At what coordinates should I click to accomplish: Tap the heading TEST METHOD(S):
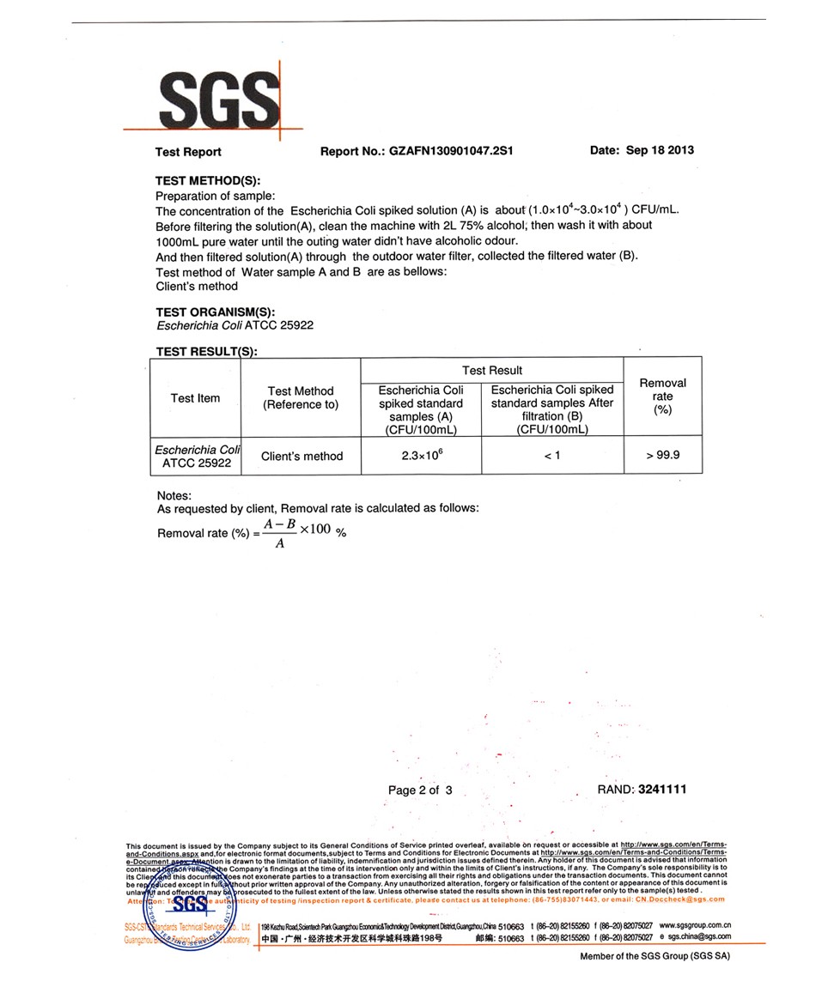pyautogui.click(x=207, y=182)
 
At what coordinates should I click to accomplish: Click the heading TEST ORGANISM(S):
pyautogui.click(x=216, y=312)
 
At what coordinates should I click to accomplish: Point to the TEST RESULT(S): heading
pyautogui.click(x=206, y=352)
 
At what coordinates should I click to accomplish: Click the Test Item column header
pyautogui.click(x=195, y=398)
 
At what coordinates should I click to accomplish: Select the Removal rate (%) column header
pyautogui.click(x=662, y=397)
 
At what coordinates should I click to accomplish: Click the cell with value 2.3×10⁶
pyautogui.click(x=421, y=455)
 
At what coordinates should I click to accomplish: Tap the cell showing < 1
pyautogui.click(x=552, y=456)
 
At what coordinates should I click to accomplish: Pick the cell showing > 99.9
pyautogui.click(x=662, y=455)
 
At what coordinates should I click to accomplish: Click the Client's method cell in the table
pyautogui.click(x=301, y=457)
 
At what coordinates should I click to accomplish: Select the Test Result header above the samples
pyautogui.click(x=492, y=371)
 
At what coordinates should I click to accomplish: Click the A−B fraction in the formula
pyautogui.click(x=280, y=523)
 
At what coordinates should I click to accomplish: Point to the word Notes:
pyautogui.click(x=174, y=496)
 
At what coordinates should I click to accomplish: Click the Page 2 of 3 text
pyautogui.click(x=420, y=790)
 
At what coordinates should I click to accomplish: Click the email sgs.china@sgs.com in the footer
pyautogui.click(x=699, y=939)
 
